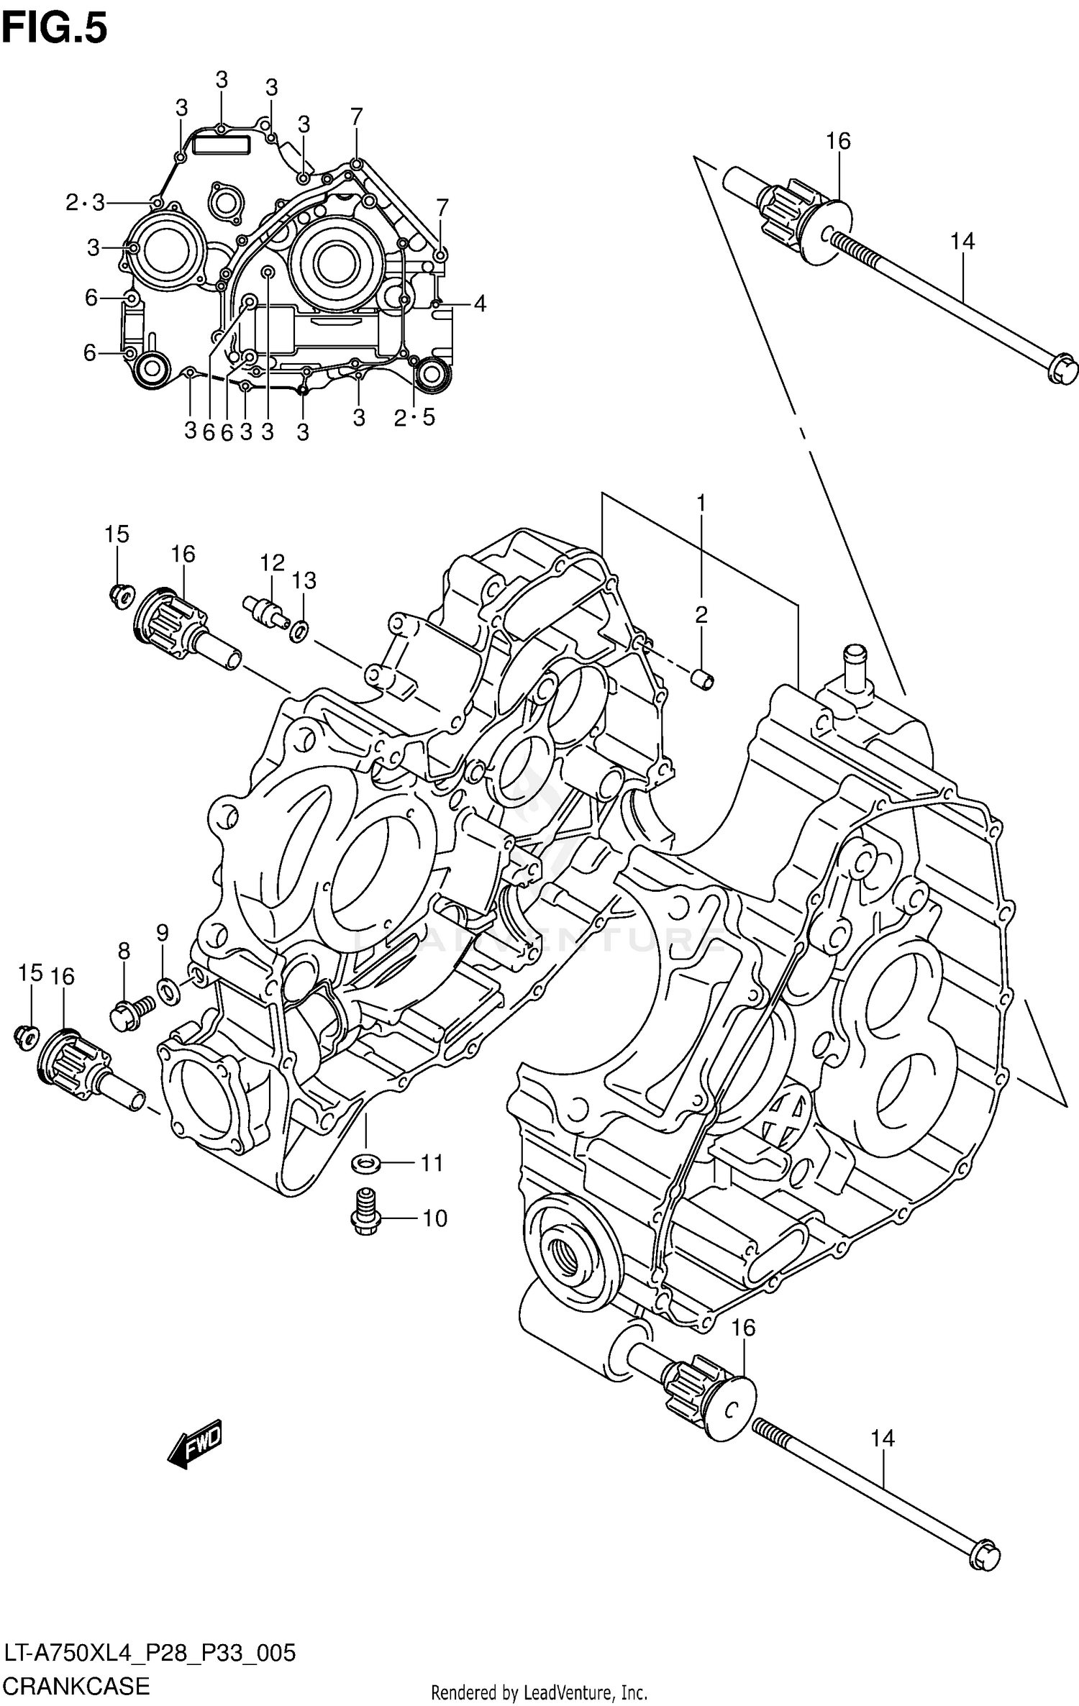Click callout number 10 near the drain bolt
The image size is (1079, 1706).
(x=434, y=1218)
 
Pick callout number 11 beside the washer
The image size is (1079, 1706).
(x=432, y=1163)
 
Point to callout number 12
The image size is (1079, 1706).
(x=273, y=562)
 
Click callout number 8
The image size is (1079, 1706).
(x=124, y=952)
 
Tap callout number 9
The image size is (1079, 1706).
(x=163, y=933)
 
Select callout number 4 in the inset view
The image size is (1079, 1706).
(x=479, y=304)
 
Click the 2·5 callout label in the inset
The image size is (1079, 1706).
(x=414, y=418)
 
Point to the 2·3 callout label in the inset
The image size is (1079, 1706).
(x=85, y=204)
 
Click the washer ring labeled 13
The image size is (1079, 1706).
(x=299, y=631)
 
